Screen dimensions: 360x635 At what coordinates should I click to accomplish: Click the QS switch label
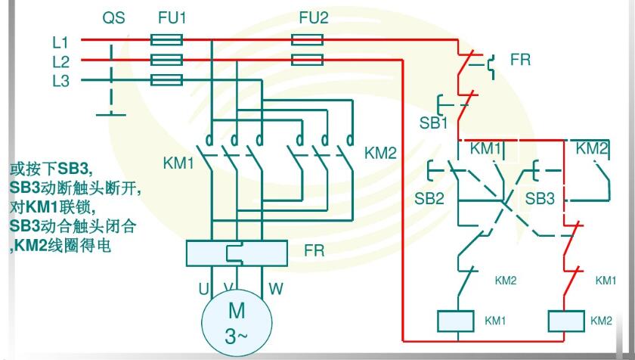pyautogui.click(x=113, y=17)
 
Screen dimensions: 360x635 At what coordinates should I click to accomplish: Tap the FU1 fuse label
pyautogui.click(x=172, y=17)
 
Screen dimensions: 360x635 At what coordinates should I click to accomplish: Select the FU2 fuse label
pyautogui.click(x=314, y=17)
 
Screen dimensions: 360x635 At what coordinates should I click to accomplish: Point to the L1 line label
pyautogui.click(x=60, y=42)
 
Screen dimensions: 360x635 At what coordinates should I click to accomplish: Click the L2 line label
pyautogui.click(x=60, y=61)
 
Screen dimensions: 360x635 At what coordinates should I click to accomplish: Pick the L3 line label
pyautogui.click(x=60, y=80)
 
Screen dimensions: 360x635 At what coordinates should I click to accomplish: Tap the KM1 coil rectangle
pyautogui.click(x=456, y=321)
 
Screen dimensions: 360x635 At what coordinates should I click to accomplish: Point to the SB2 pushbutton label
pyautogui.click(x=429, y=199)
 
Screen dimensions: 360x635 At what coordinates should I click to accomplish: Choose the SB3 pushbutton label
pyautogui.click(x=540, y=199)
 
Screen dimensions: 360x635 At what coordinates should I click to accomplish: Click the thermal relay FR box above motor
pyautogui.click(x=237, y=252)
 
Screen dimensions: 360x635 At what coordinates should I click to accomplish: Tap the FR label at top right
pyautogui.click(x=520, y=59)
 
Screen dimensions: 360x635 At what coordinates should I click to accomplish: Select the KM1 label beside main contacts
pyautogui.click(x=179, y=163)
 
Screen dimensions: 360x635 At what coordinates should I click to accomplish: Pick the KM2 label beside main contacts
pyautogui.click(x=380, y=154)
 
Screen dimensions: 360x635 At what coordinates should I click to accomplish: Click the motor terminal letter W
pyautogui.click(x=276, y=289)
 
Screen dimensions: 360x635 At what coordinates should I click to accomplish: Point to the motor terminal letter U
pyautogui.click(x=203, y=289)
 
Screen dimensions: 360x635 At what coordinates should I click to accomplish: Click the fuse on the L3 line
pyautogui.click(x=166, y=79)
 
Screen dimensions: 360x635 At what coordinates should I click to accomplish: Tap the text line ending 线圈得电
pyautogui.click(x=60, y=246)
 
